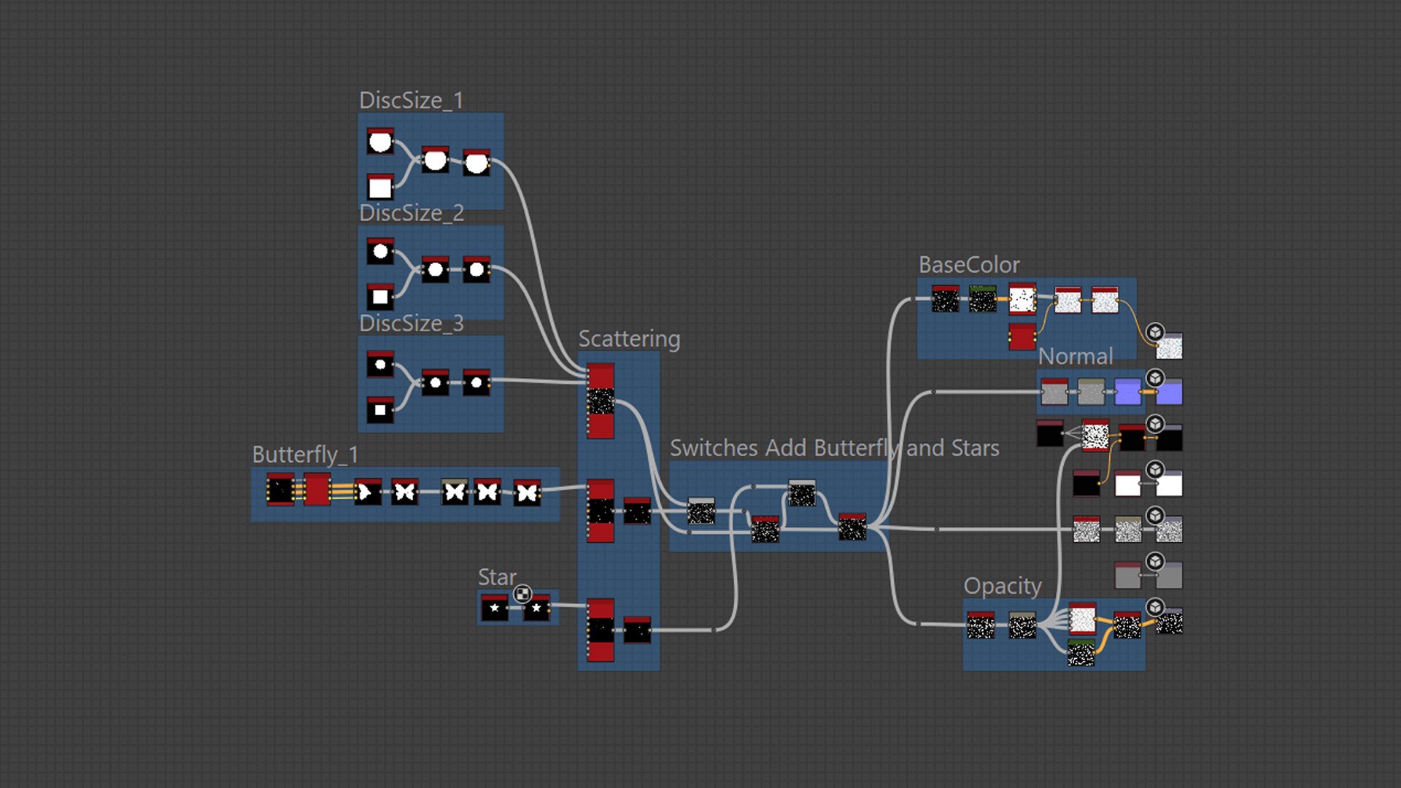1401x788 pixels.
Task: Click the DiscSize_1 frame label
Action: point(411,101)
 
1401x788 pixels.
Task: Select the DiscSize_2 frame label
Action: point(411,213)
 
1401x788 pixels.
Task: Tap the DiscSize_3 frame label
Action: point(411,323)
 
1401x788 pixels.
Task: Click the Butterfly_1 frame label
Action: point(305,455)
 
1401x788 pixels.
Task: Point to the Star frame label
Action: point(496,577)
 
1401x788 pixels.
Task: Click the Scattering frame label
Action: point(629,339)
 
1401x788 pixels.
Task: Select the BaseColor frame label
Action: point(968,265)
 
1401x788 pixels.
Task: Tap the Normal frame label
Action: point(1075,357)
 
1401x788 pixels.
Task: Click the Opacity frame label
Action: point(1002,586)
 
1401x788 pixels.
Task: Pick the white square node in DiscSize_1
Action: point(380,187)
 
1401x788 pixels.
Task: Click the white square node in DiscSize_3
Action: point(380,409)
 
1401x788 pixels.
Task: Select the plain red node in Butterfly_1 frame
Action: point(317,489)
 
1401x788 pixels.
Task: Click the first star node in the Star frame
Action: point(495,608)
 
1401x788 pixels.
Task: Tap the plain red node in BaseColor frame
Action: point(1022,336)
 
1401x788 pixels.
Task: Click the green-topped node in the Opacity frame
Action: point(1081,653)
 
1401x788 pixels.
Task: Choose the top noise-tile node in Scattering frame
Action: point(601,401)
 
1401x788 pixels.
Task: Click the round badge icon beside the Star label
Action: point(522,594)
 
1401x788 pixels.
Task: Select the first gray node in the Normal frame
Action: point(1054,392)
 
